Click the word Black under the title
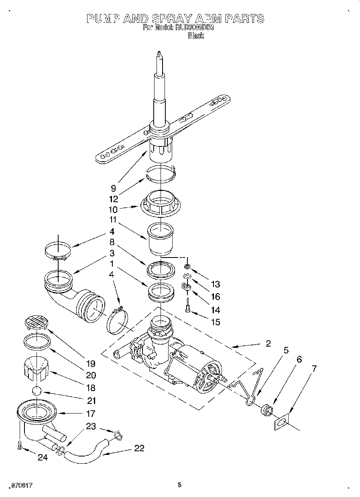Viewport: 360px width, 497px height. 196,36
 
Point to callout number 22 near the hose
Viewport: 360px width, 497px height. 139,448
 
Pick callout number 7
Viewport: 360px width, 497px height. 314,369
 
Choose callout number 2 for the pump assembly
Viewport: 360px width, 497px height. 268,343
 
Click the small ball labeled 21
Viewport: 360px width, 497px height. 37,391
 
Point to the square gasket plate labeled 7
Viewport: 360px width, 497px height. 282,422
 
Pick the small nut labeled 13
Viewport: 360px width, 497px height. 187,267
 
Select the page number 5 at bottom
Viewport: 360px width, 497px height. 180,485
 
